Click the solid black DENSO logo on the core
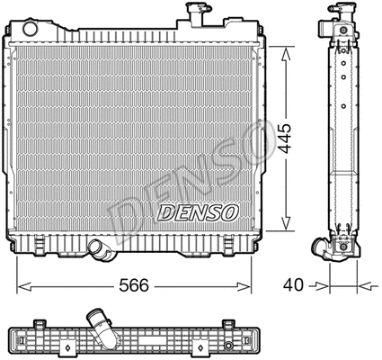point(198,213)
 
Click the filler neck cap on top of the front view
point(193,12)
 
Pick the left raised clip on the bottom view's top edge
point(40,322)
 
